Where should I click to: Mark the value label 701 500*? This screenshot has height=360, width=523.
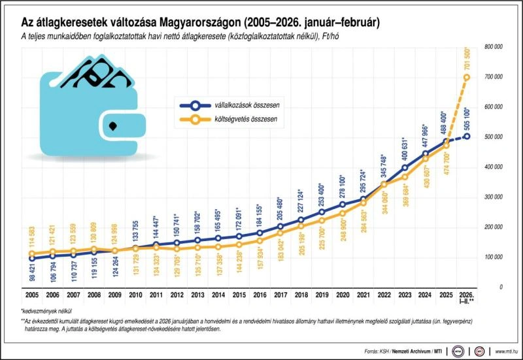pyautogui.click(x=466, y=61)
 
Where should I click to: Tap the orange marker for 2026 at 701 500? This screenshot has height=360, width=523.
pyautogui.click(x=467, y=77)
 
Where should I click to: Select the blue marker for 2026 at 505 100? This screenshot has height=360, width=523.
pyautogui.click(x=467, y=136)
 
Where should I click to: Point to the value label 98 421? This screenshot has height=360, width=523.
pyautogui.click(x=33, y=272)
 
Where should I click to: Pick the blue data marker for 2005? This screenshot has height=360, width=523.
pyautogui.click(x=33, y=258)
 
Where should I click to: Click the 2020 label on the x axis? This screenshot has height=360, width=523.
pyautogui.click(x=343, y=295)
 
